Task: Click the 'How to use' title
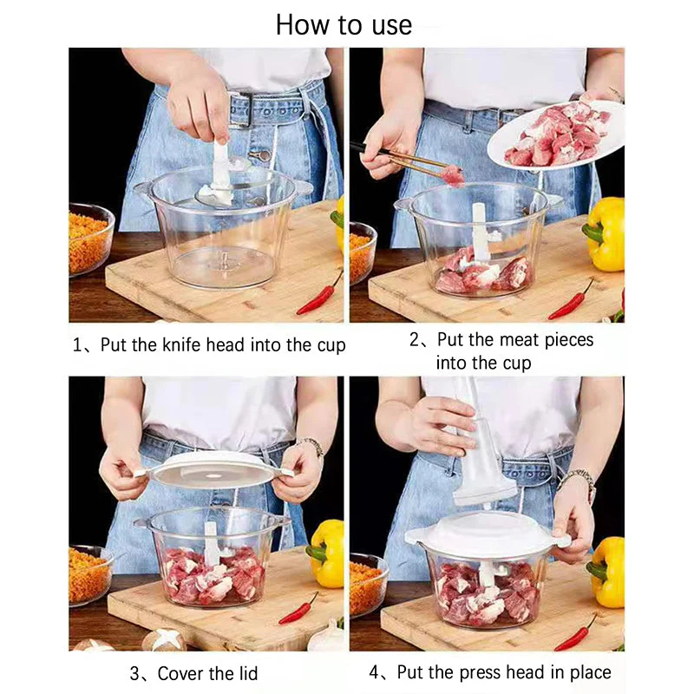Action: (344, 23)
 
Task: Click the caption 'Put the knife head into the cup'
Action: (209, 345)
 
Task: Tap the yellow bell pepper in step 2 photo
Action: (606, 232)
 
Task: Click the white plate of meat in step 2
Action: (555, 134)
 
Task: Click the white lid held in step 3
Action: (213, 468)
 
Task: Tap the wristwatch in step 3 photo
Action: (311, 446)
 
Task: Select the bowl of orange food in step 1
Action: (88, 239)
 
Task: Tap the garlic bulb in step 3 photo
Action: (328, 638)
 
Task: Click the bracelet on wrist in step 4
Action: (576, 479)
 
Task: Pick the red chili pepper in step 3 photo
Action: (298, 609)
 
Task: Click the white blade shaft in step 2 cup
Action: (479, 230)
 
